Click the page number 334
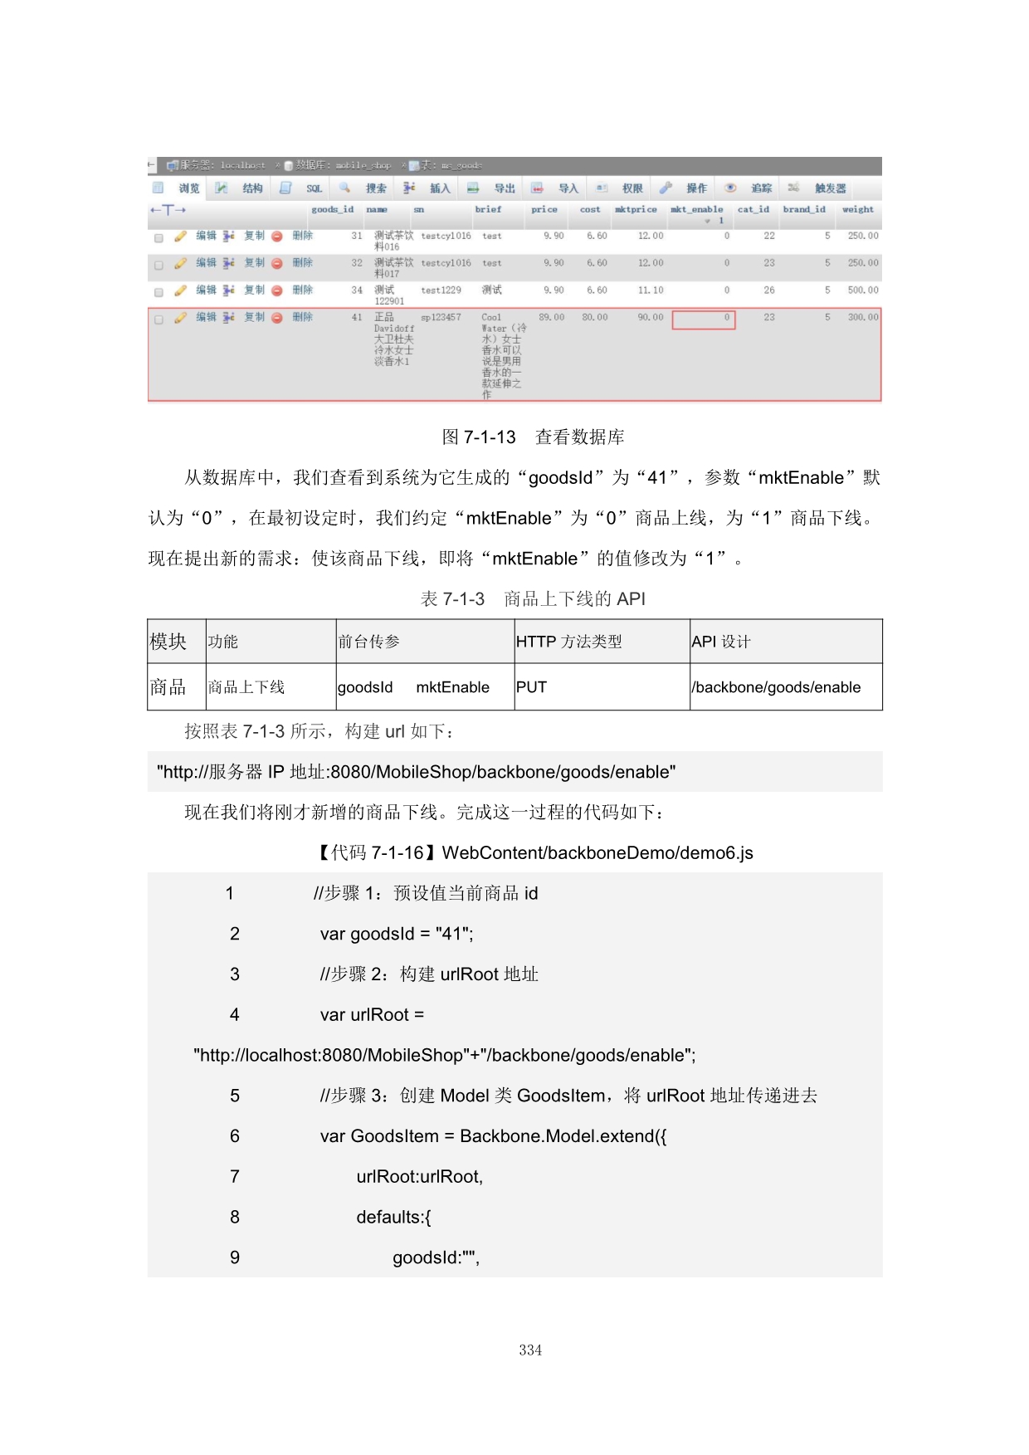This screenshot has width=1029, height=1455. click(x=530, y=1350)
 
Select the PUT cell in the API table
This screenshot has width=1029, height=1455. click(x=531, y=687)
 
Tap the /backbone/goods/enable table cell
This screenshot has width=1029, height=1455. click(x=776, y=687)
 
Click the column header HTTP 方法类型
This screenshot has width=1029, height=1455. click(x=568, y=642)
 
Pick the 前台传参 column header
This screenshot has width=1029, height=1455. click(x=369, y=642)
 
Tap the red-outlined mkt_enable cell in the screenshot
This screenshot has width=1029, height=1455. click(x=704, y=320)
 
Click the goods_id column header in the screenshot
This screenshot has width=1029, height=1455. click(x=333, y=210)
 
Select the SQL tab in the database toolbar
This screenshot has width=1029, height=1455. click(x=314, y=189)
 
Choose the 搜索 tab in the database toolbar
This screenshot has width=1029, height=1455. click(x=376, y=189)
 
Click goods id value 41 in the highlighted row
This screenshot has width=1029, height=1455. click(x=357, y=318)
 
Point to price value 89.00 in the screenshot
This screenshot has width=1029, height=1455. click(x=551, y=318)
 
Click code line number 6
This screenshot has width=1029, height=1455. click(x=235, y=1136)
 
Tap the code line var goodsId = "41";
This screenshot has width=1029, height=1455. click(x=397, y=934)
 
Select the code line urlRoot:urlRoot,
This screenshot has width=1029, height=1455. click(x=419, y=1177)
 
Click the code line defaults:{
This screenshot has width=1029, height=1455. click(x=393, y=1218)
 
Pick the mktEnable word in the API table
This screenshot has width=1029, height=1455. click(x=452, y=687)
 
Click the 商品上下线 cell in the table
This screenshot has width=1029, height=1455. click(x=246, y=687)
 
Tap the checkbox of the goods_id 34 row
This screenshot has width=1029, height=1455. click(x=158, y=292)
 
